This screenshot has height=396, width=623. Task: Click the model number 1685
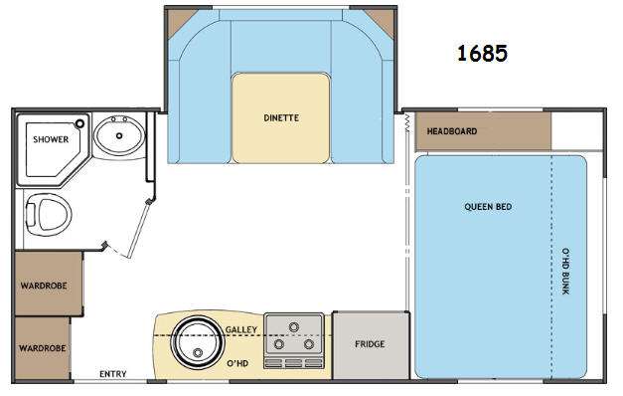coord(482,54)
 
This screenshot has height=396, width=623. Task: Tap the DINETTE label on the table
coord(281,117)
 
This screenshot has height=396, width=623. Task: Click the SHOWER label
coord(51,139)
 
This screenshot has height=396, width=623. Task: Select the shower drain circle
coord(80,123)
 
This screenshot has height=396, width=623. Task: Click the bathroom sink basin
coord(119,135)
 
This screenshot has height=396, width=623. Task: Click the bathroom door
coord(139,228)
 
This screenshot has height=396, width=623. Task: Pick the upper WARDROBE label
coord(44,286)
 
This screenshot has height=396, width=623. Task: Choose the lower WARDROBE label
coord(42,348)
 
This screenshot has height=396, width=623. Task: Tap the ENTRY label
coord(113,374)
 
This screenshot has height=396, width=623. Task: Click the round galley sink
coord(198,342)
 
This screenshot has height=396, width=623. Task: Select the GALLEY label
coord(241,329)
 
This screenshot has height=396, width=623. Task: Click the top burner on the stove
coord(294,327)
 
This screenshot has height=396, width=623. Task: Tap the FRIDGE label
coord(370,344)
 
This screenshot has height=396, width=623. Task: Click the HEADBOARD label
coord(452,131)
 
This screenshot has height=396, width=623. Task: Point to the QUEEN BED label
coord(488,207)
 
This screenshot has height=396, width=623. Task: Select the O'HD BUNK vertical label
coord(565,271)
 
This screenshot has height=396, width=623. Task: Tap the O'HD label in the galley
coord(237,363)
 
